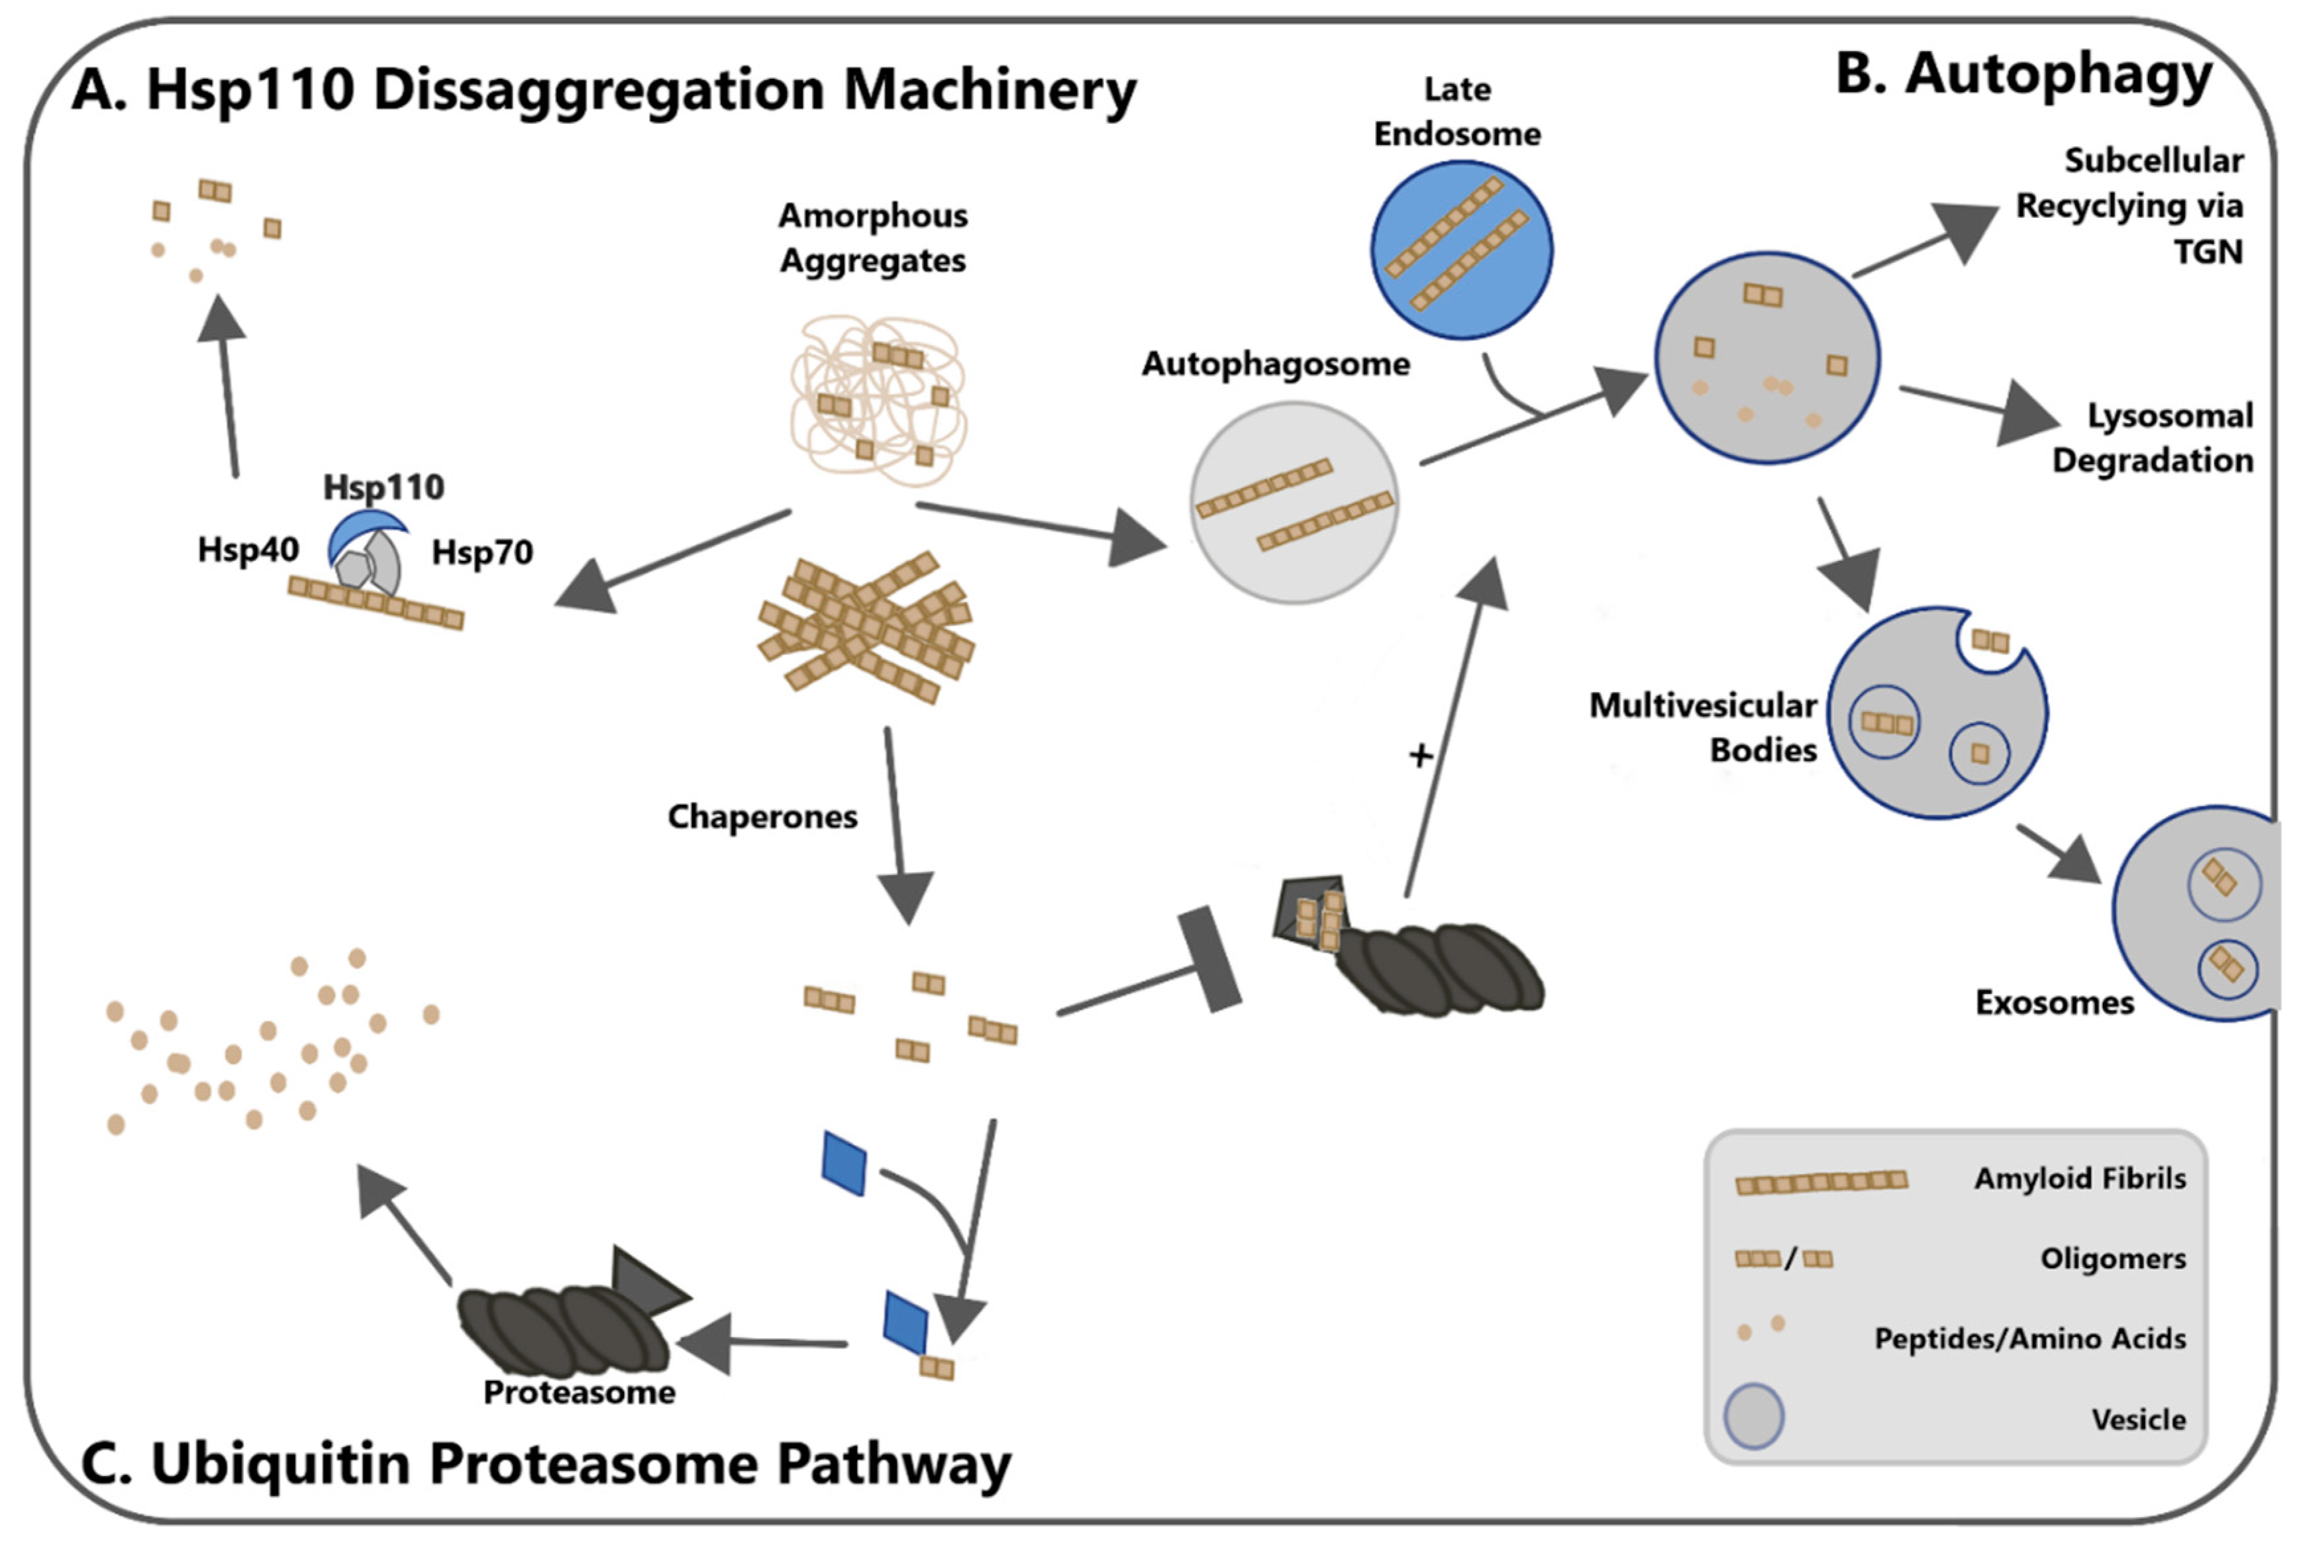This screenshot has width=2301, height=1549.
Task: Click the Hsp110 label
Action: [383, 487]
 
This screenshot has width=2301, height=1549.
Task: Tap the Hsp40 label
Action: [248, 549]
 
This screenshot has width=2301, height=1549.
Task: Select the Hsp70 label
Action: [482, 552]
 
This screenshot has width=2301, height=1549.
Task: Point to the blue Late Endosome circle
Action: [1461, 250]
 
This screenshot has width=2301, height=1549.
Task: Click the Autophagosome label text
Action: [1276, 364]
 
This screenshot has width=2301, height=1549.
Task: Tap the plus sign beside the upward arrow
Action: [1419, 756]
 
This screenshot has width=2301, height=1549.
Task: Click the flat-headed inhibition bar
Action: [1209, 959]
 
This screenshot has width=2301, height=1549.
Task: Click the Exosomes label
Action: [2054, 1003]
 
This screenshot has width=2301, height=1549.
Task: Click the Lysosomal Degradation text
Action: [2154, 438]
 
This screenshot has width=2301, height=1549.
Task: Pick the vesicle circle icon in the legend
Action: [1754, 1417]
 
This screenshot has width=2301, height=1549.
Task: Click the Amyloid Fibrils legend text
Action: [2080, 1179]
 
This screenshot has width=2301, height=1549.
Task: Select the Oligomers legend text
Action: [2112, 1258]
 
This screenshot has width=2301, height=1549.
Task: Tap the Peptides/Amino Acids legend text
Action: [2029, 1338]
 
